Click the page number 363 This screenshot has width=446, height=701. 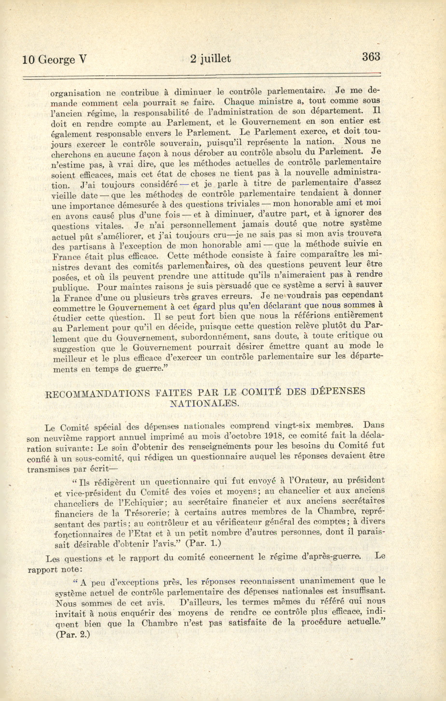[371, 56]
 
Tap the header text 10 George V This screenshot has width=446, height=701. [55, 60]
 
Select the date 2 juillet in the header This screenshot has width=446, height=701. [210, 59]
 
